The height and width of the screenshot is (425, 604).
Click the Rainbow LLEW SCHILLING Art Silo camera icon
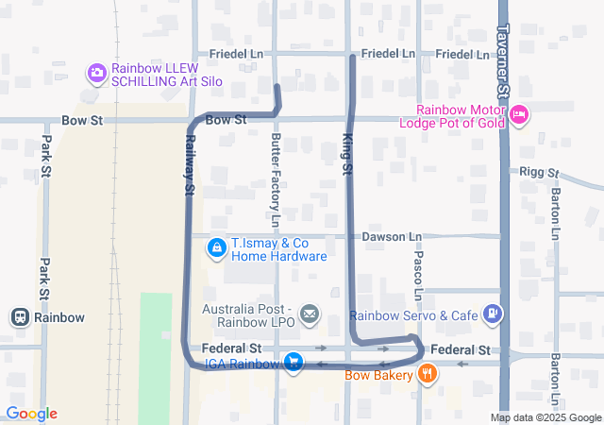click(x=96, y=73)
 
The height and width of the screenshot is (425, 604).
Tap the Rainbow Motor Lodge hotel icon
click(x=519, y=115)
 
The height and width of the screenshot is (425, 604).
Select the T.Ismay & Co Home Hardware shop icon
click(x=216, y=247)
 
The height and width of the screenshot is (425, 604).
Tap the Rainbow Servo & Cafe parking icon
click(x=492, y=314)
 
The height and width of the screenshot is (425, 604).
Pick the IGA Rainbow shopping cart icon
click(x=294, y=363)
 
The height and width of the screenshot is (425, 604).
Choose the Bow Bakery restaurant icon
click(x=428, y=375)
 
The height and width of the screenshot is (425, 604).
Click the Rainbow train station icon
click(x=19, y=317)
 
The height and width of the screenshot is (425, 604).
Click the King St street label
click(x=346, y=153)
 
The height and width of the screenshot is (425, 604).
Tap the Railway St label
click(x=189, y=164)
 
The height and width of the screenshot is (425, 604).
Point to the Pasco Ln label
click(x=418, y=269)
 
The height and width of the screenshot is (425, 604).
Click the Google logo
click(x=31, y=414)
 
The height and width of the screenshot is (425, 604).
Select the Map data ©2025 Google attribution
click(x=545, y=417)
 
